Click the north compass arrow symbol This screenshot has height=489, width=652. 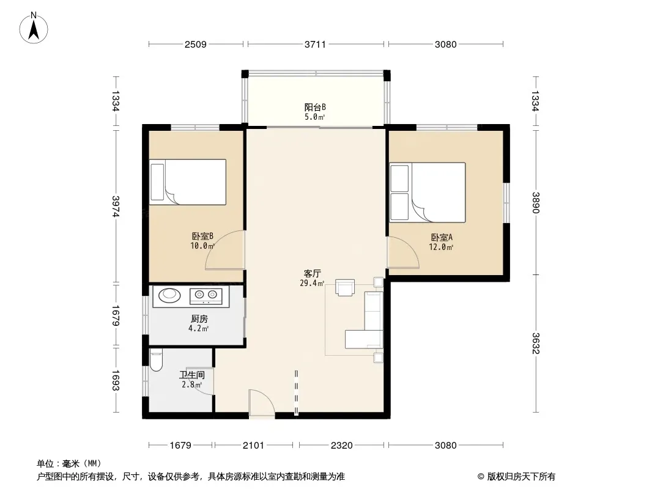pyautogui.click(x=34, y=28)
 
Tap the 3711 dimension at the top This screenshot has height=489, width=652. pyautogui.click(x=315, y=44)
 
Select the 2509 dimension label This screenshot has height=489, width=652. pyautogui.click(x=196, y=44)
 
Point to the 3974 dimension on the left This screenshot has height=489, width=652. pyautogui.click(x=116, y=206)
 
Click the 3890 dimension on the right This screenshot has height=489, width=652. pyautogui.click(x=536, y=203)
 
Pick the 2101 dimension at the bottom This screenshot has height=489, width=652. pyautogui.click(x=253, y=446)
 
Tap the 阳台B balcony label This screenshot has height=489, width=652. pyautogui.click(x=315, y=107)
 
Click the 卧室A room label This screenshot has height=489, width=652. pyautogui.click(x=442, y=238)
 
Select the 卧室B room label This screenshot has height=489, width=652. pyautogui.click(x=202, y=237)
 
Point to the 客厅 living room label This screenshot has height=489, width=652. pyautogui.click(x=313, y=273)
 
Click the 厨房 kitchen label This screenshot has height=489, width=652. pyautogui.click(x=199, y=319)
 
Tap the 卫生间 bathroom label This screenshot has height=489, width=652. pyautogui.click(x=191, y=375)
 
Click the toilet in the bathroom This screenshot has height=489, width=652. pyautogui.click(x=156, y=360)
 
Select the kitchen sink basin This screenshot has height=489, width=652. pyautogui.click(x=169, y=295)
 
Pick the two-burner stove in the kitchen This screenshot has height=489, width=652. pyautogui.click(x=206, y=295)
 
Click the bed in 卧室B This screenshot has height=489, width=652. pyautogui.click(x=188, y=182)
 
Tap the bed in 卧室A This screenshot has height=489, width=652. pyautogui.click(x=428, y=193)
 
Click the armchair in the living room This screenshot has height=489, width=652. pyautogui.click(x=345, y=287)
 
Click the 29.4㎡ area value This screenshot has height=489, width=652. pyautogui.click(x=312, y=284)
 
